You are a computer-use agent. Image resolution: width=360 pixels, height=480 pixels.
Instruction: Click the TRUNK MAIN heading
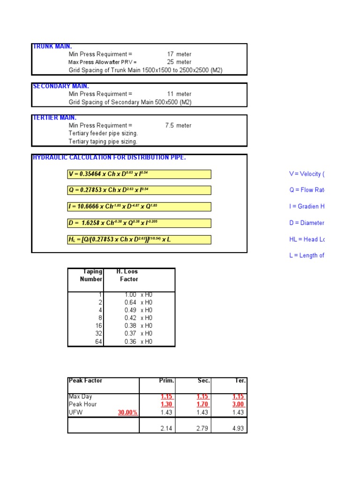tap(52, 46)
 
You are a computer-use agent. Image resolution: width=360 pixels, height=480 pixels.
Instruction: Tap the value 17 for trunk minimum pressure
tap(171, 54)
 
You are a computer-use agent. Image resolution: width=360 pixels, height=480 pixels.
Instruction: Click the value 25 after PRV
tap(171, 62)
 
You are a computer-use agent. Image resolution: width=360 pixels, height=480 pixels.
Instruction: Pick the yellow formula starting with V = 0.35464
tap(139, 174)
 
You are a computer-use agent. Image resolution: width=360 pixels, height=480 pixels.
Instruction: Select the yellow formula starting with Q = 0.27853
tap(139, 190)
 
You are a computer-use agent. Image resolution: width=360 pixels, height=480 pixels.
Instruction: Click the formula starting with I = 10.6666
tap(139, 207)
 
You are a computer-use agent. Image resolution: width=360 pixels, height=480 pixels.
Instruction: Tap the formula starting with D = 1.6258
tap(139, 223)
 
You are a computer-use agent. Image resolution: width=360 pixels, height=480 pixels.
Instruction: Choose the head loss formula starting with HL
tap(139, 240)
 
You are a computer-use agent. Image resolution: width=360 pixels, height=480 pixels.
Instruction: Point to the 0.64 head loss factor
tap(130, 303)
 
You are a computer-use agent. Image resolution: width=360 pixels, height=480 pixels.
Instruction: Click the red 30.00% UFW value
tap(127, 412)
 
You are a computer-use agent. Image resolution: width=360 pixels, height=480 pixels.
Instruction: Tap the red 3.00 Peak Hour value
tap(238, 405)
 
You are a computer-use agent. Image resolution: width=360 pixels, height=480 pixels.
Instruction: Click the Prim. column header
tap(166, 381)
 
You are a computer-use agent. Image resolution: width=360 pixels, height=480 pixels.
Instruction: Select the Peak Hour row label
tap(82, 405)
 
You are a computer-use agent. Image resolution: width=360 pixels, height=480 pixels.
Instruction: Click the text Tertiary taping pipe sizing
tap(103, 142)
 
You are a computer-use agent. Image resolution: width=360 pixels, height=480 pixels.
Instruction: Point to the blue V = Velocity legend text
tap(306, 174)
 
